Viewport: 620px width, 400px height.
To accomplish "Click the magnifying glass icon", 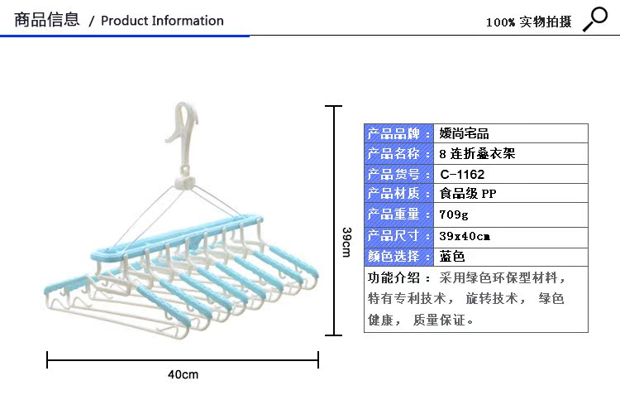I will tap(594, 18).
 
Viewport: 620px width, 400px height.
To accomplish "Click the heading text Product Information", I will tap(162, 21).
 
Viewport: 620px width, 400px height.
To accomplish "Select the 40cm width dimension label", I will tap(184, 374).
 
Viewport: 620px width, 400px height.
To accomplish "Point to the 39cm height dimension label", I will tap(347, 241).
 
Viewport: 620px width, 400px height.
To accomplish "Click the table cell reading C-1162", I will tap(462, 175).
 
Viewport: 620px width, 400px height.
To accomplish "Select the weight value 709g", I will tap(454, 215).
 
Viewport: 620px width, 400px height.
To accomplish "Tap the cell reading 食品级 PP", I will tap(468, 195).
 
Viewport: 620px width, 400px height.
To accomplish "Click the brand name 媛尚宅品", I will tap(464, 133).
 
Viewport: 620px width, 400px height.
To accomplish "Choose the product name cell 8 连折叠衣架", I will tap(478, 154).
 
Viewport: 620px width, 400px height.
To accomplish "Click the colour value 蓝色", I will tap(452, 257).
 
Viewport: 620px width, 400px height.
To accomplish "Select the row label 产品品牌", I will tap(398, 133).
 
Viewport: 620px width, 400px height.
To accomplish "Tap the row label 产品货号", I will tap(398, 175).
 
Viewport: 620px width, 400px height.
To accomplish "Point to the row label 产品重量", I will tap(398, 215).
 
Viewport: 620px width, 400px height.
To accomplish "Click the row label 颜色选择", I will tap(398, 257).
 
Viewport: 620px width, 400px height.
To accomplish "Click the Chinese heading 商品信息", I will tap(47, 20).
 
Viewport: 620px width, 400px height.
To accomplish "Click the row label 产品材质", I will tap(398, 195).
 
